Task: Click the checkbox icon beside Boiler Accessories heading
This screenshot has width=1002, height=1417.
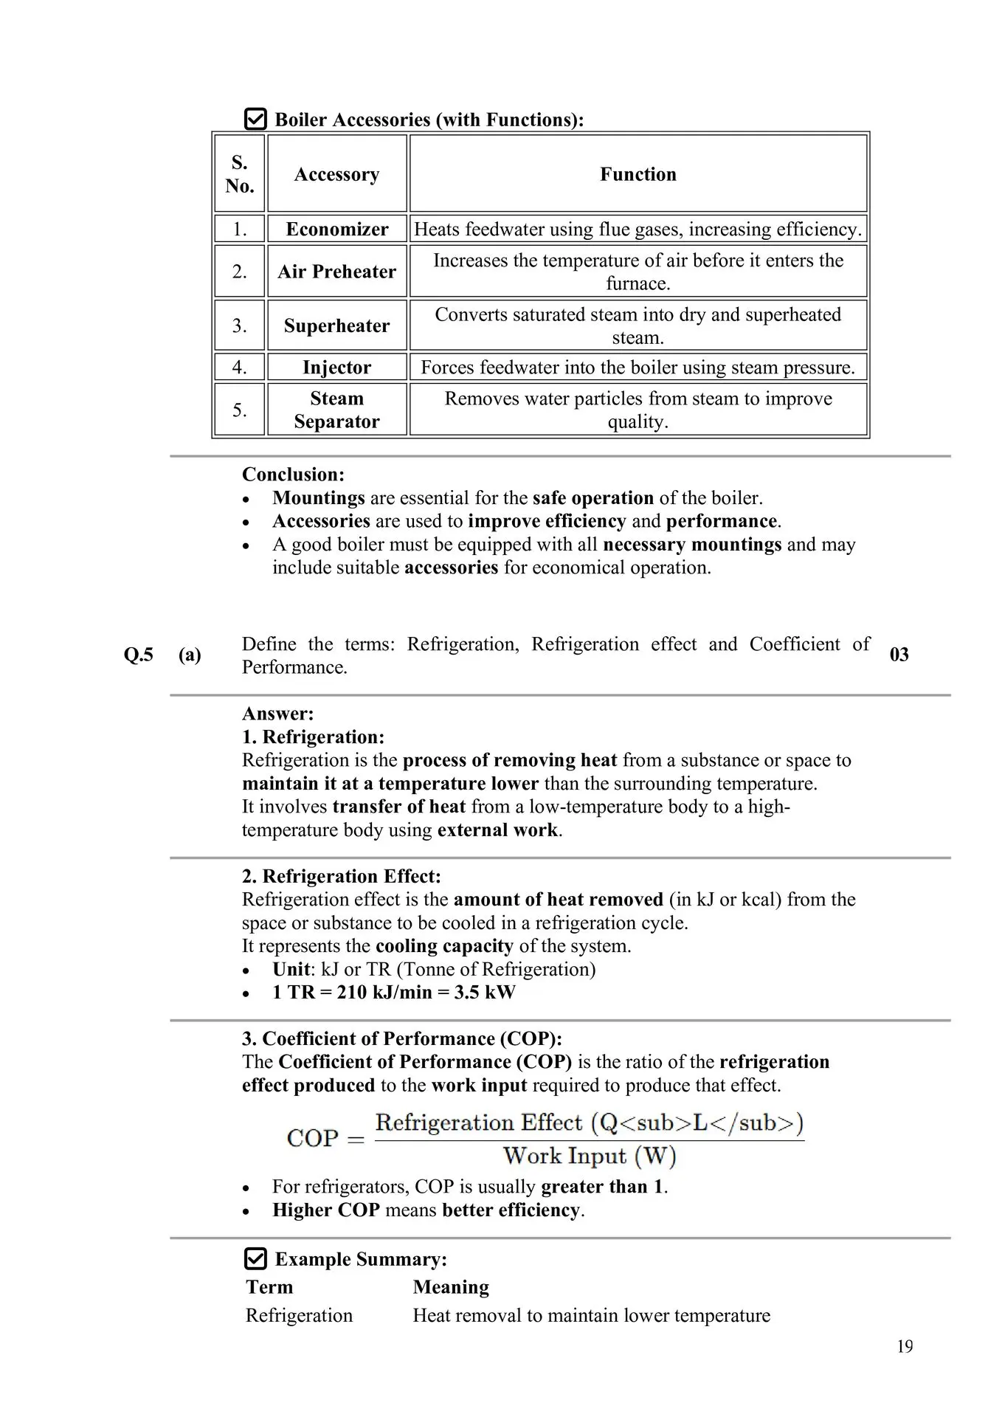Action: point(255,119)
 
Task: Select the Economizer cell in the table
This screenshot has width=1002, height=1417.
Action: point(336,229)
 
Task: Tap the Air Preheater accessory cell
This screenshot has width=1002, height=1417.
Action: point(336,272)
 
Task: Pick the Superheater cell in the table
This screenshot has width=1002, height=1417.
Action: point(336,325)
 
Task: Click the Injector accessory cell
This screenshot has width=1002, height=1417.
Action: point(336,368)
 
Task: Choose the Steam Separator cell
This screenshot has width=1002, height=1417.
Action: point(336,410)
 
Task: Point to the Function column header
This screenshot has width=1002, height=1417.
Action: point(638,174)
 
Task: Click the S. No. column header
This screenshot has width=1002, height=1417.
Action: point(240,174)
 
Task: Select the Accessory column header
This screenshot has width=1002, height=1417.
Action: point(336,174)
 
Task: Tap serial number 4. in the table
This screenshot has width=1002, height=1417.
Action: point(240,368)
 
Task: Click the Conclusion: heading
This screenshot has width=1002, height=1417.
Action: point(293,475)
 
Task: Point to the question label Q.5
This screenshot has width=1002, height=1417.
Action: point(139,655)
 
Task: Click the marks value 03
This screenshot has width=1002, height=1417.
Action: point(899,655)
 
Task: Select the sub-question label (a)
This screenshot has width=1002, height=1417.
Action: point(190,655)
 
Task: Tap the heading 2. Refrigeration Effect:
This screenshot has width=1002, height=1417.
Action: point(341,876)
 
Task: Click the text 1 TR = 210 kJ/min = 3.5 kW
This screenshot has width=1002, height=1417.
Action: point(393,992)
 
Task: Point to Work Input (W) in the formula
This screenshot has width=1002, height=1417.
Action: point(590,1156)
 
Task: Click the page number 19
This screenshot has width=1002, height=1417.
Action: point(905,1347)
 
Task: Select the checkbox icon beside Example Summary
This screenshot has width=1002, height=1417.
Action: point(255,1258)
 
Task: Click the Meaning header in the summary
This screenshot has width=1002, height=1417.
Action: point(451,1287)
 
